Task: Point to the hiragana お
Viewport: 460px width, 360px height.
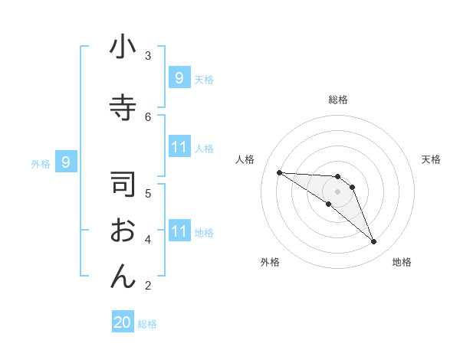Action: pyautogui.click(x=123, y=231)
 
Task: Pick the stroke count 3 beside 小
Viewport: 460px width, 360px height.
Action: pyautogui.click(x=148, y=55)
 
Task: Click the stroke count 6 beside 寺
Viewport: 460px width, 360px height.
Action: pyautogui.click(x=148, y=116)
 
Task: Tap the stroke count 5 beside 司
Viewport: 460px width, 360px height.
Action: pyautogui.click(x=148, y=192)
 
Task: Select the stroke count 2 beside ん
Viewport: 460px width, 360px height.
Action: pyautogui.click(x=148, y=286)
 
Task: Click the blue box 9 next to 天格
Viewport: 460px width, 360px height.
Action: pyautogui.click(x=179, y=77)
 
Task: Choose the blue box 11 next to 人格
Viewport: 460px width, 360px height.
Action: pyautogui.click(x=179, y=147)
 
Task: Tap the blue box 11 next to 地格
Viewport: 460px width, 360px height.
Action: pyautogui.click(x=179, y=231)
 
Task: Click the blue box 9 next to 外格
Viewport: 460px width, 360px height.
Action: pyautogui.click(x=66, y=162)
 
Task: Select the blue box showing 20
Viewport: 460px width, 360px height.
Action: pyautogui.click(x=123, y=322)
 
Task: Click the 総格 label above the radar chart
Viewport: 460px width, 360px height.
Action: pyautogui.click(x=337, y=100)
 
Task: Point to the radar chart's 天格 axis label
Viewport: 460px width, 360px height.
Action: pyautogui.click(x=432, y=159)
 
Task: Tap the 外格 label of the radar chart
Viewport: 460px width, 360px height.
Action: pyautogui.click(x=270, y=262)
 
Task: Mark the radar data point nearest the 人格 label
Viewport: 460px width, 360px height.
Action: pyautogui.click(x=279, y=172)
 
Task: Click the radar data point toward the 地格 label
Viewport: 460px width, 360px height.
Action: pyautogui.click(x=374, y=242)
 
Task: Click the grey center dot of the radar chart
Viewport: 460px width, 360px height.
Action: pyautogui.click(x=337, y=191)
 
